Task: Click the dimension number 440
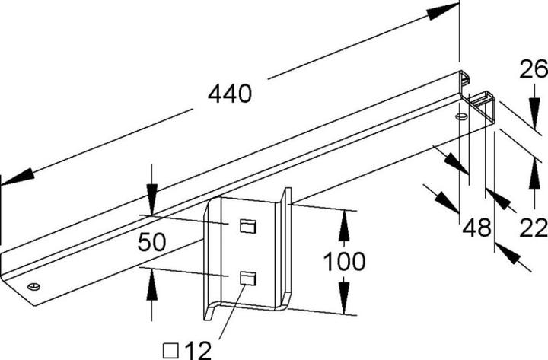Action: pyautogui.click(x=229, y=94)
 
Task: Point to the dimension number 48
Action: pyautogui.click(x=477, y=226)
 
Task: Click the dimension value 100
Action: pyautogui.click(x=344, y=262)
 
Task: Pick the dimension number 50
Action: pyautogui.click(x=152, y=243)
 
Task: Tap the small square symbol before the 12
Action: pyautogui.click(x=172, y=350)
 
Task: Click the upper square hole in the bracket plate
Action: pyautogui.click(x=245, y=225)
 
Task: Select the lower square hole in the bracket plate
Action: pyautogui.click(x=245, y=278)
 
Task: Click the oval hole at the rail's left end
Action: pyautogui.click(x=33, y=286)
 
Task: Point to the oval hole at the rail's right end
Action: pyautogui.click(x=460, y=117)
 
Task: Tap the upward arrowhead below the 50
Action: pyautogui.click(x=151, y=284)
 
